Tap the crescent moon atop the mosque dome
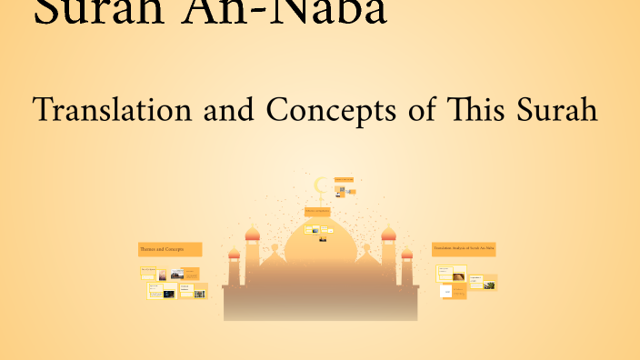coord(320,186)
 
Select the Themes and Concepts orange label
coord(169,248)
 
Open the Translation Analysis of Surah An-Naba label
coord(464,248)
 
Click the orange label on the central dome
coord(317,212)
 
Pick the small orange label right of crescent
coord(344,180)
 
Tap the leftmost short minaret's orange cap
coord(234,254)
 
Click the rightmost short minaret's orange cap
coord(407,254)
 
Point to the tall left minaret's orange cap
coord(253,235)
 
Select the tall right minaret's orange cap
coord(388,235)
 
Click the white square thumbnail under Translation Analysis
coord(446,292)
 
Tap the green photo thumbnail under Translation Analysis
coord(489,285)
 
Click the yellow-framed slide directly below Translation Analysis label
coord(445,273)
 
